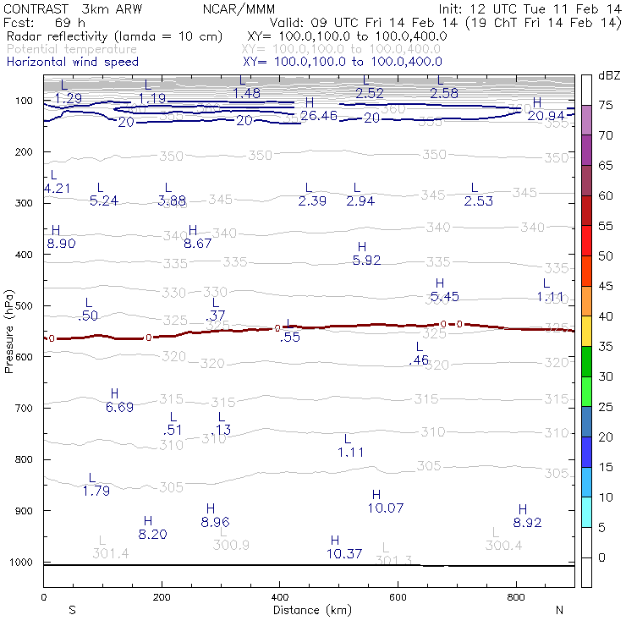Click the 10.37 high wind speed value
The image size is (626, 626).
point(344,554)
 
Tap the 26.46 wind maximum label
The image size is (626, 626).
point(318,115)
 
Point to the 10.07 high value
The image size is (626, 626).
point(386,508)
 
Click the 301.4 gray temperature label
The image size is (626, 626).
point(110,553)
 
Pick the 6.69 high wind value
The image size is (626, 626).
point(119,408)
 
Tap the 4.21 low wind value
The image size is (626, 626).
point(57,188)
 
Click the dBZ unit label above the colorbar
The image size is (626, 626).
point(608,76)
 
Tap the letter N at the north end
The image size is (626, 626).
point(559,610)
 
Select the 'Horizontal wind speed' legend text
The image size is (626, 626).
point(72,62)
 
